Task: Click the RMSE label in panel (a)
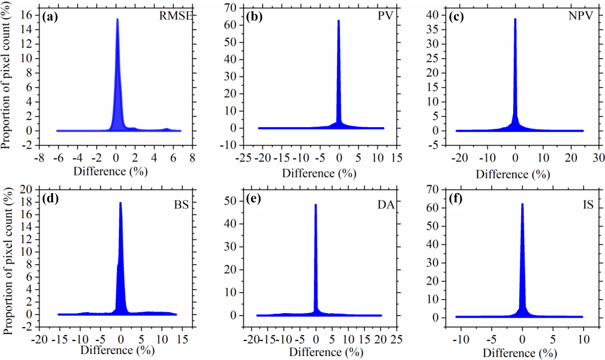[x=176, y=16]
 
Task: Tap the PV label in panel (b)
[x=385, y=16]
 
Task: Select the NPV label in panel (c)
[x=580, y=16]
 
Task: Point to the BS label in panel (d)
[x=181, y=204]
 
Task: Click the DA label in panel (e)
[x=385, y=204]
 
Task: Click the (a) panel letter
[x=50, y=16]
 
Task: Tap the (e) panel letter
[x=253, y=199]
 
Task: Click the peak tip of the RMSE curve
[x=117, y=20]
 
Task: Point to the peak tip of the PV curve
[x=339, y=21]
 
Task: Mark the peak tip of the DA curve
[x=316, y=205]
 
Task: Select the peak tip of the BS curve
[x=120, y=203]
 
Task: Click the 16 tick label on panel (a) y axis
[x=26, y=15]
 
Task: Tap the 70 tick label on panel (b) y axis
[x=230, y=7]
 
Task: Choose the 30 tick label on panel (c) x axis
[x=599, y=157]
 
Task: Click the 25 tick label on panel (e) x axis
[x=396, y=339]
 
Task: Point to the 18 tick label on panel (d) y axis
[x=26, y=202]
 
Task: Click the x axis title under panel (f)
[x=520, y=353]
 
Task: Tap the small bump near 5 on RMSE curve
[x=167, y=129]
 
